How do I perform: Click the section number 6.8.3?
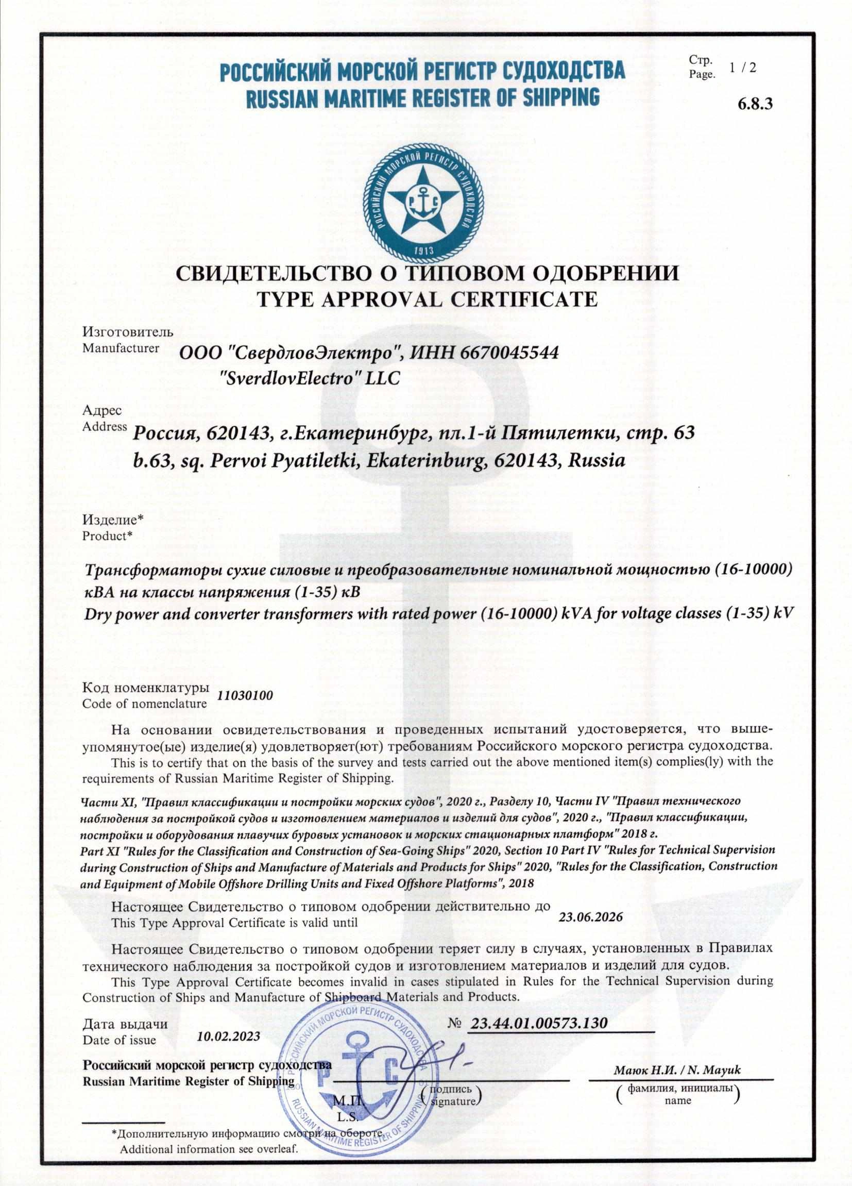754,104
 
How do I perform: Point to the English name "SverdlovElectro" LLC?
311,379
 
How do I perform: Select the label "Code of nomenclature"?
145,704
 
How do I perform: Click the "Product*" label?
108,536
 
